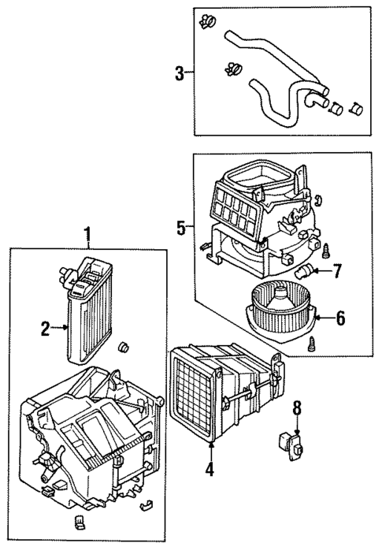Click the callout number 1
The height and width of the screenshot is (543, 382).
tap(88, 235)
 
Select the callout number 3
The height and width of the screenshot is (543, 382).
tap(180, 74)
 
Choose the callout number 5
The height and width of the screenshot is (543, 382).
tap(181, 229)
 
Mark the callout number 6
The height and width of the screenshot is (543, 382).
tap(340, 318)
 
